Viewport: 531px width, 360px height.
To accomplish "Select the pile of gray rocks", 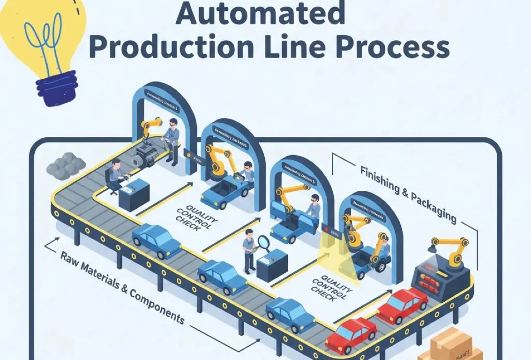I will point(66,165).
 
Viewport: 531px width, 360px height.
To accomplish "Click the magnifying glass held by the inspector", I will point(263,243).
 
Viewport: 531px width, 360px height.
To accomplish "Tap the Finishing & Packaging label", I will point(408,193).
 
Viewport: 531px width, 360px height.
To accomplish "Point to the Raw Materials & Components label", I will point(122,287).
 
